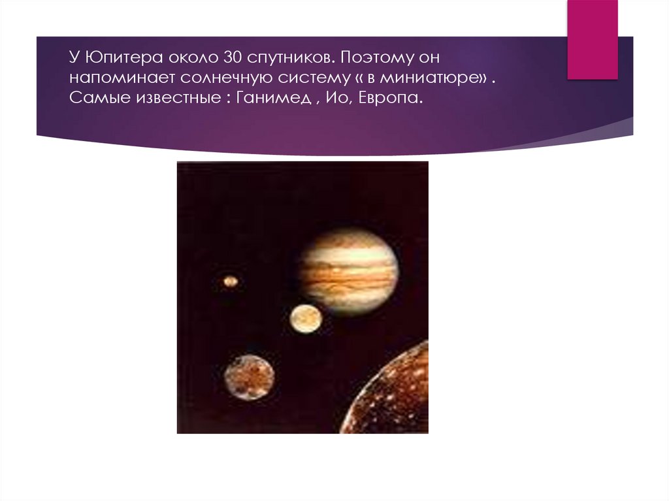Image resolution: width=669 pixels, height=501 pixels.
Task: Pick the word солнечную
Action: pos(204,78)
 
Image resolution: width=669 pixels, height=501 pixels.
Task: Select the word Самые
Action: pos(93,99)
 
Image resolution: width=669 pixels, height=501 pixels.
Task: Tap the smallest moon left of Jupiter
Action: pos(230,282)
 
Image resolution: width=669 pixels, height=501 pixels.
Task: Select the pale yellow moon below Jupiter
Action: pos(306,319)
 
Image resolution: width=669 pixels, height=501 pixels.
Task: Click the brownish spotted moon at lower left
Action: pos(249,378)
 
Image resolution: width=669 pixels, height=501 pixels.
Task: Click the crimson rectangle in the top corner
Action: pos(592,39)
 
